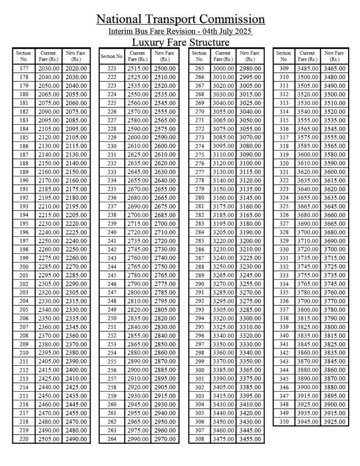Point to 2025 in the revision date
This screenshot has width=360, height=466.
tap(243, 31)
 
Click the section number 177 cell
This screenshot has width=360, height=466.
tap(24, 69)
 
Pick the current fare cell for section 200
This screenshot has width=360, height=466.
tap(48, 267)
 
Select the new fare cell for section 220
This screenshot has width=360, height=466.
tap(76, 439)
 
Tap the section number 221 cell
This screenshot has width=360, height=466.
tap(112, 69)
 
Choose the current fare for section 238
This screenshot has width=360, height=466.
tap(137, 215)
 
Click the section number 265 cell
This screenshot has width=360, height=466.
tap(200, 69)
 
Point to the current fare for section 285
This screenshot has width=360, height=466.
tap(223, 241)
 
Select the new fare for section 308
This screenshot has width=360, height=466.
tap(250, 439)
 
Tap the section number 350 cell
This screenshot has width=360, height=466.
tap(284, 422)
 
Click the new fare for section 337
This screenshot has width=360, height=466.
tap(335, 310)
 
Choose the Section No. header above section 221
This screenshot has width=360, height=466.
tap(112, 56)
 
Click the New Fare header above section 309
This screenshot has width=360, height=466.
tap(335, 56)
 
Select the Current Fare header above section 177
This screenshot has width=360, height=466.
tap(48, 56)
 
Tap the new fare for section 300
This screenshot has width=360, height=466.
tap(250, 370)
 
